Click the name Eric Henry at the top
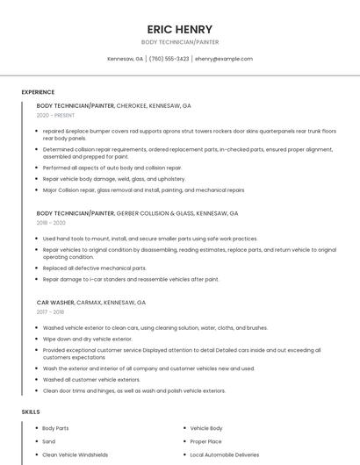[x=180, y=29]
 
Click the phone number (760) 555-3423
[x=169, y=59]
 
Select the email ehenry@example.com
[x=224, y=59]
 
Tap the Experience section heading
[x=38, y=92]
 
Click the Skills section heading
[x=31, y=411]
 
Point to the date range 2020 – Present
[x=55, y=115]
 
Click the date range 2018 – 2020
[x=52, y=223]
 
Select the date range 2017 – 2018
[x=51, y=311]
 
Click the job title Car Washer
[x=55, y=302]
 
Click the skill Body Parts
[x=55, y=428]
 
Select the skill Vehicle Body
[x=206, y=428]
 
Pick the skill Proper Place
[x=205, y=441]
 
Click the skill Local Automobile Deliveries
[x=225, y=454]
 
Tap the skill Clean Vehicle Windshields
[x=76, y=454]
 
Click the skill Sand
[x=48, y=441]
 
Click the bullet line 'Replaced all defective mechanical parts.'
[x=94, y=268]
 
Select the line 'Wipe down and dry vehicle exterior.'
[x=87, y=338]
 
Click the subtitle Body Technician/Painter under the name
[x=180, y=41]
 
